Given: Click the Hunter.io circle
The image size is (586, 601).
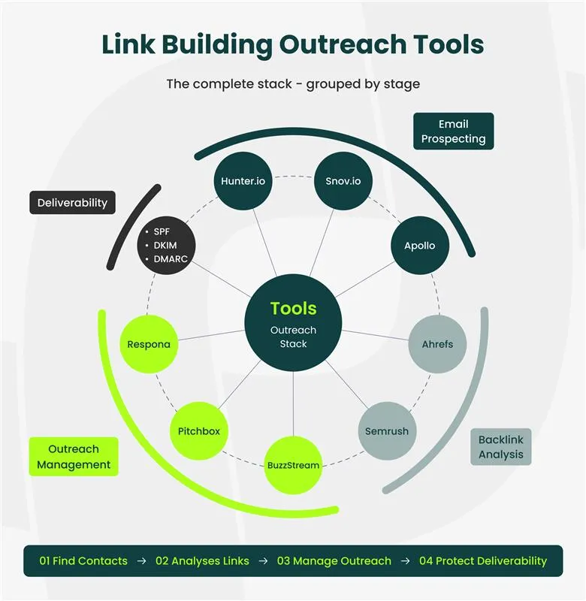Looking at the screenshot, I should (x=243, y=181).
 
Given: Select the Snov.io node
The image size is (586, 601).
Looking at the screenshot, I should (x=343, y=181).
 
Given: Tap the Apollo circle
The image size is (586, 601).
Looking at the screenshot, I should (x=419, y=246).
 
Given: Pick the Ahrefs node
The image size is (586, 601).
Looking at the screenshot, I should (x=437, y=345).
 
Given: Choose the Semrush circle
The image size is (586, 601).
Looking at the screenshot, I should (x=387, y=431).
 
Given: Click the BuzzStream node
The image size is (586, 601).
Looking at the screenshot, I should (x=293, y=465).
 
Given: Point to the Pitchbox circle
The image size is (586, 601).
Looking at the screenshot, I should (x=199, y=431).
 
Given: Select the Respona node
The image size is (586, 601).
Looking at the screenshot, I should (x=149, y=345).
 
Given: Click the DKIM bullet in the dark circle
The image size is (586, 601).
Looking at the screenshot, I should (x=166, y=245).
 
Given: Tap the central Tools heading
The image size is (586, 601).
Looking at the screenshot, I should (x=293, y=308).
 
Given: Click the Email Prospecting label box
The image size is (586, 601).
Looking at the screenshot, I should (x=453, y=131).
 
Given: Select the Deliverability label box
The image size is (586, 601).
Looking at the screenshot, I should (x=72, y=203).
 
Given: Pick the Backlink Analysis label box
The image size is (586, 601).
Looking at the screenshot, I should (x=501, y=447).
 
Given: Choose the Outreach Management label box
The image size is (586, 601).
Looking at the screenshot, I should (x=74, y=457).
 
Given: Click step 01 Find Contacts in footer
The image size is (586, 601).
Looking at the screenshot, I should (x=83, y=560).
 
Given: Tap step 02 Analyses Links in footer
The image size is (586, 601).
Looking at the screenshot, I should (x=202, y=560).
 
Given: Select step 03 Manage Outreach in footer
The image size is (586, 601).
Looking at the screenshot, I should (x=334, y=560).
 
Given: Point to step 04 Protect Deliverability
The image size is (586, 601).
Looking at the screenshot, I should (x=482, y=560).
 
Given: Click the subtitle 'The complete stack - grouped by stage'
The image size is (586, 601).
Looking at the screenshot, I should (x=293, y=83).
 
